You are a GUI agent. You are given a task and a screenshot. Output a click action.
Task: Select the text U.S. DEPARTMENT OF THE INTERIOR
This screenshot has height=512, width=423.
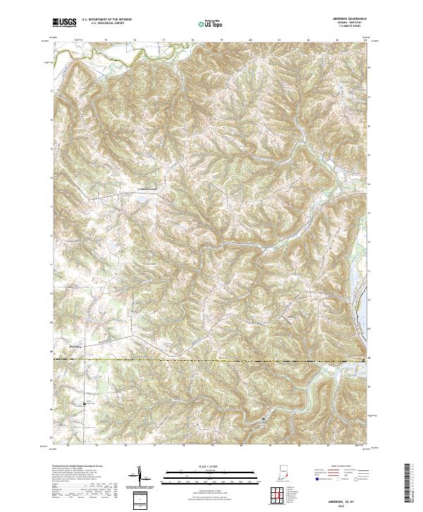tap(106, 20)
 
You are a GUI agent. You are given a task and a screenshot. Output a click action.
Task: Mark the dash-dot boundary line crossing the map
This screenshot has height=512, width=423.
tap(211, 359)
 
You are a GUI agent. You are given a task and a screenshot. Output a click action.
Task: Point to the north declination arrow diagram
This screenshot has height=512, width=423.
tap(140, 477)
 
